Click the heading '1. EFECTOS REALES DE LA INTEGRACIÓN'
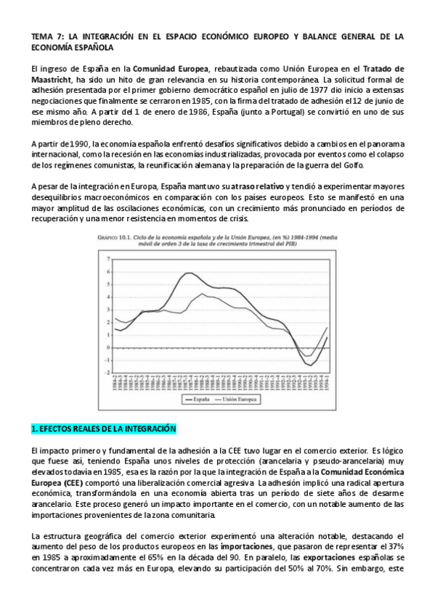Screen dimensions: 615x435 (99, 429)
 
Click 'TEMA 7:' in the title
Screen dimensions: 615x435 (47, 36)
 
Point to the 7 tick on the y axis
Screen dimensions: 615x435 (108, 259)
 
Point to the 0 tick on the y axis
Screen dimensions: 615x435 (108, 347)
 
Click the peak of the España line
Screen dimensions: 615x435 (189, 273)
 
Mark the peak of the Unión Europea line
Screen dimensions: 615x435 (207, 296)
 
